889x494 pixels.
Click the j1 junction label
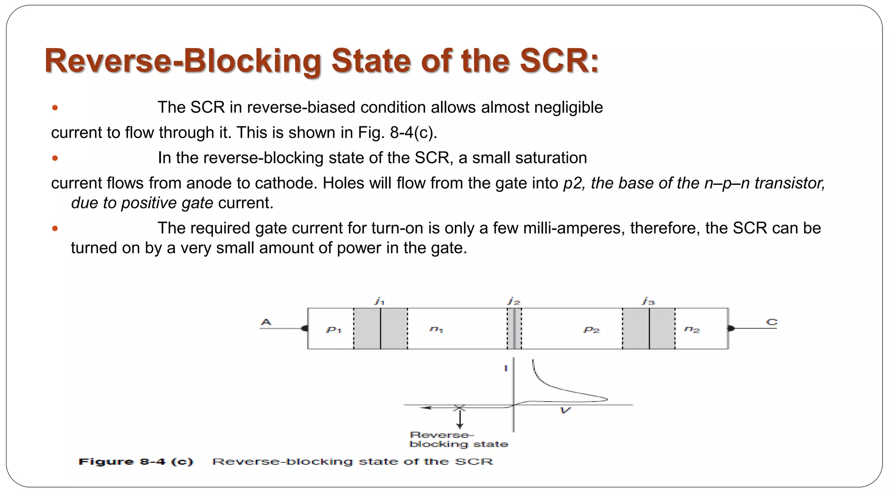(379, 301)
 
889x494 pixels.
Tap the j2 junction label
(514, 301)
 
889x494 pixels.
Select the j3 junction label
(649, 301)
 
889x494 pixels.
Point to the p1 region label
(334, 330)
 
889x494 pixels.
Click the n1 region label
(436, 330)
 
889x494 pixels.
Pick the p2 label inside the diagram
(591, 330)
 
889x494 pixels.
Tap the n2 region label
(692, 330)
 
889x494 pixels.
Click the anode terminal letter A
(266, 322)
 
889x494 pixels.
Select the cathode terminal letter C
(771, 322)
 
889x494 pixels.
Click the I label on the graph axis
(506, 369)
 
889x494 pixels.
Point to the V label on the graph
(565, 410)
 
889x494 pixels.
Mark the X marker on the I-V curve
(459, 408)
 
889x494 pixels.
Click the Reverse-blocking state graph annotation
(458, 439)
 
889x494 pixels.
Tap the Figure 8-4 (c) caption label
(135, 462)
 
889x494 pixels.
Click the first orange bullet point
(55, 108)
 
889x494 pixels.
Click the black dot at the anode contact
(305, 329)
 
